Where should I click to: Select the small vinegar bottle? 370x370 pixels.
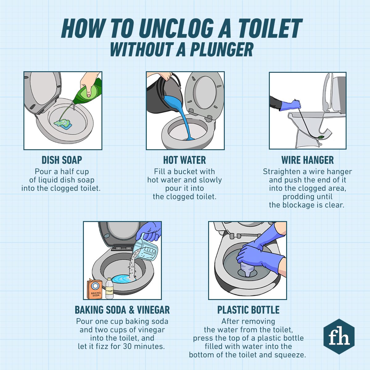109,289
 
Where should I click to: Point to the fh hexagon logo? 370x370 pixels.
339,337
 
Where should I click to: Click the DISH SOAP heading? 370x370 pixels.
62,160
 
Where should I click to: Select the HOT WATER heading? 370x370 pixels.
184,160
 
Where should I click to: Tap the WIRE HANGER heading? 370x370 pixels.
307,160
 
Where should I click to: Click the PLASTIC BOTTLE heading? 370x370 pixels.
248,310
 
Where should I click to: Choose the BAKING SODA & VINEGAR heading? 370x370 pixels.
122,310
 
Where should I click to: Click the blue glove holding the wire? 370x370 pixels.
291,104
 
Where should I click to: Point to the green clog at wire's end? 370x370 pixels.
321,136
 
